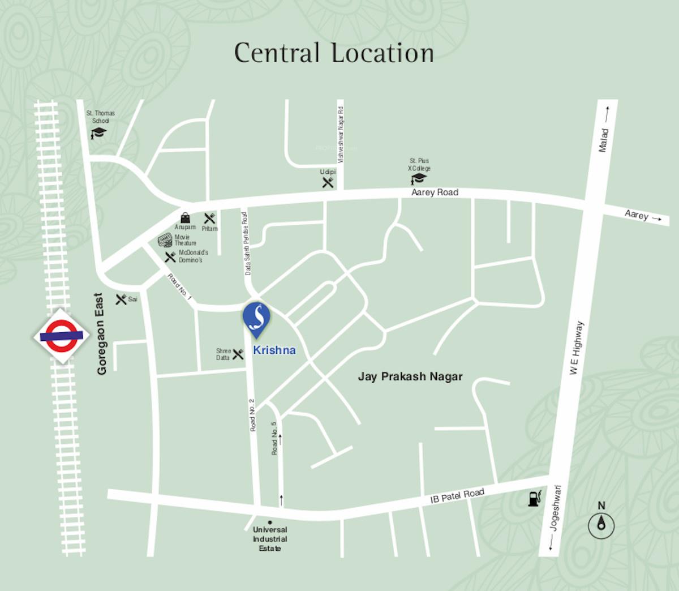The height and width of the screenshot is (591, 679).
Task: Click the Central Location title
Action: (334, 53)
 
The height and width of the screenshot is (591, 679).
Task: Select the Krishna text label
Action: (274, 350)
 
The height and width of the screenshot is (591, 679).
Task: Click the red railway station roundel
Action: (61, 335)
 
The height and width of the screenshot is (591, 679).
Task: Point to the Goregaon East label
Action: (101, 334)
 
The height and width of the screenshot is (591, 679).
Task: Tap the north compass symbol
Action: (601, 526)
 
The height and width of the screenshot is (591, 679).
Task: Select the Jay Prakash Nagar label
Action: (410, 376)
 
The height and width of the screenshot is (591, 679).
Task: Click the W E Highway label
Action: (575, 348)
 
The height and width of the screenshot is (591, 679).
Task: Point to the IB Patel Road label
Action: (457, 496)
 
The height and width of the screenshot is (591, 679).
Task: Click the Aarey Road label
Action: (435, 192)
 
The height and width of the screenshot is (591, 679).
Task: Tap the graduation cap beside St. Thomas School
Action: (98, 133)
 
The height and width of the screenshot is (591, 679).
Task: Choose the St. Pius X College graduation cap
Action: (419, 179)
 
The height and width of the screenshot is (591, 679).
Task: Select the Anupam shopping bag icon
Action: (185, 218)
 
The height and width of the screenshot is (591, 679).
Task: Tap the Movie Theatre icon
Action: (165, 240)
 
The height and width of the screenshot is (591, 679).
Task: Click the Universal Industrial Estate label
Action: (270, 539)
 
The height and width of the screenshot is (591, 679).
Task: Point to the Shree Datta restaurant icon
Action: (238, 354)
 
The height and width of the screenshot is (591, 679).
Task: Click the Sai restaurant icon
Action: (121, 299)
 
